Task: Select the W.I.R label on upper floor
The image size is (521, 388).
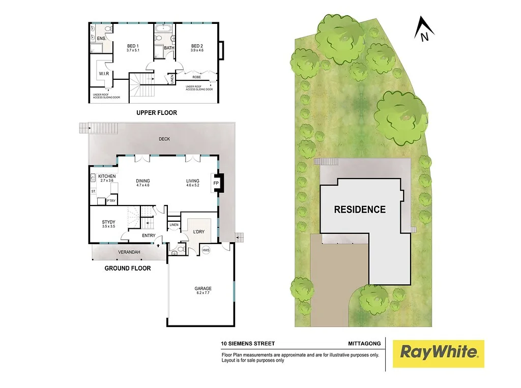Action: [104, 74]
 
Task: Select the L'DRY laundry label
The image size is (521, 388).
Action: [198, 232]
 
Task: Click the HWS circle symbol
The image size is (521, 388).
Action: [206, 250]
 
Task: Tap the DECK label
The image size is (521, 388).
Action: [164, 139]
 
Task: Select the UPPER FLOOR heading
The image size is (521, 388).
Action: [156, 112]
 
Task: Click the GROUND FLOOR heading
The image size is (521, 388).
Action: [128, 268]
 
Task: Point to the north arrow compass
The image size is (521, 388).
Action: [422, 29]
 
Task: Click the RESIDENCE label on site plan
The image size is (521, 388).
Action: [360, 209]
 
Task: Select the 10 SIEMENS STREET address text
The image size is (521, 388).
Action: [248, 344]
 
